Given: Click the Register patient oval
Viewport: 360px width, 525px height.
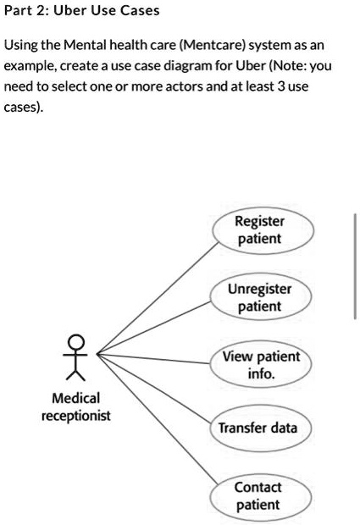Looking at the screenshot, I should click(x=259, y=230).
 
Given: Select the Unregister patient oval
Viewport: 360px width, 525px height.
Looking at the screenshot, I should click(x=259, y=297).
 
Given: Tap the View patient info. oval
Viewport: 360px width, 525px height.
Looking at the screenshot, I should click(x=261, y=365).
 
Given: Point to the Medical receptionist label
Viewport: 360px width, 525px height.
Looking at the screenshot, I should click(x=75, y=406).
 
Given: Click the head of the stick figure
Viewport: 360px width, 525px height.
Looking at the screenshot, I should click(x=77, y=342).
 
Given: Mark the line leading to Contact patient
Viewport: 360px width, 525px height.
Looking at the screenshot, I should click(x=157, y=418).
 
